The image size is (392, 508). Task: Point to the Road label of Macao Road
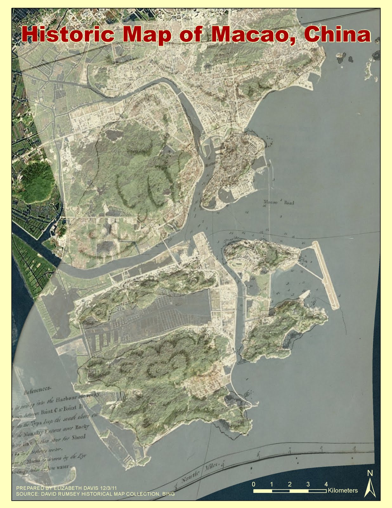coord(289,203)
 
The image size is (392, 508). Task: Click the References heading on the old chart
coord(37,390)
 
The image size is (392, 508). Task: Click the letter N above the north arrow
coord(370,473)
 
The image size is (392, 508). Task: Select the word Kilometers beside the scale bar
coord(343,491)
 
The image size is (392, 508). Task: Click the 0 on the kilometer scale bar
coord(253,484)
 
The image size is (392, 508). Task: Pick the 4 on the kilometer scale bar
coord(326,484)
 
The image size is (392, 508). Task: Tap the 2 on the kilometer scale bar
coord(290,484)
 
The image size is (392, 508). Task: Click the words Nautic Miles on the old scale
coord(200,471)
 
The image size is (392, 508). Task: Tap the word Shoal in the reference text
coord(78,437)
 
